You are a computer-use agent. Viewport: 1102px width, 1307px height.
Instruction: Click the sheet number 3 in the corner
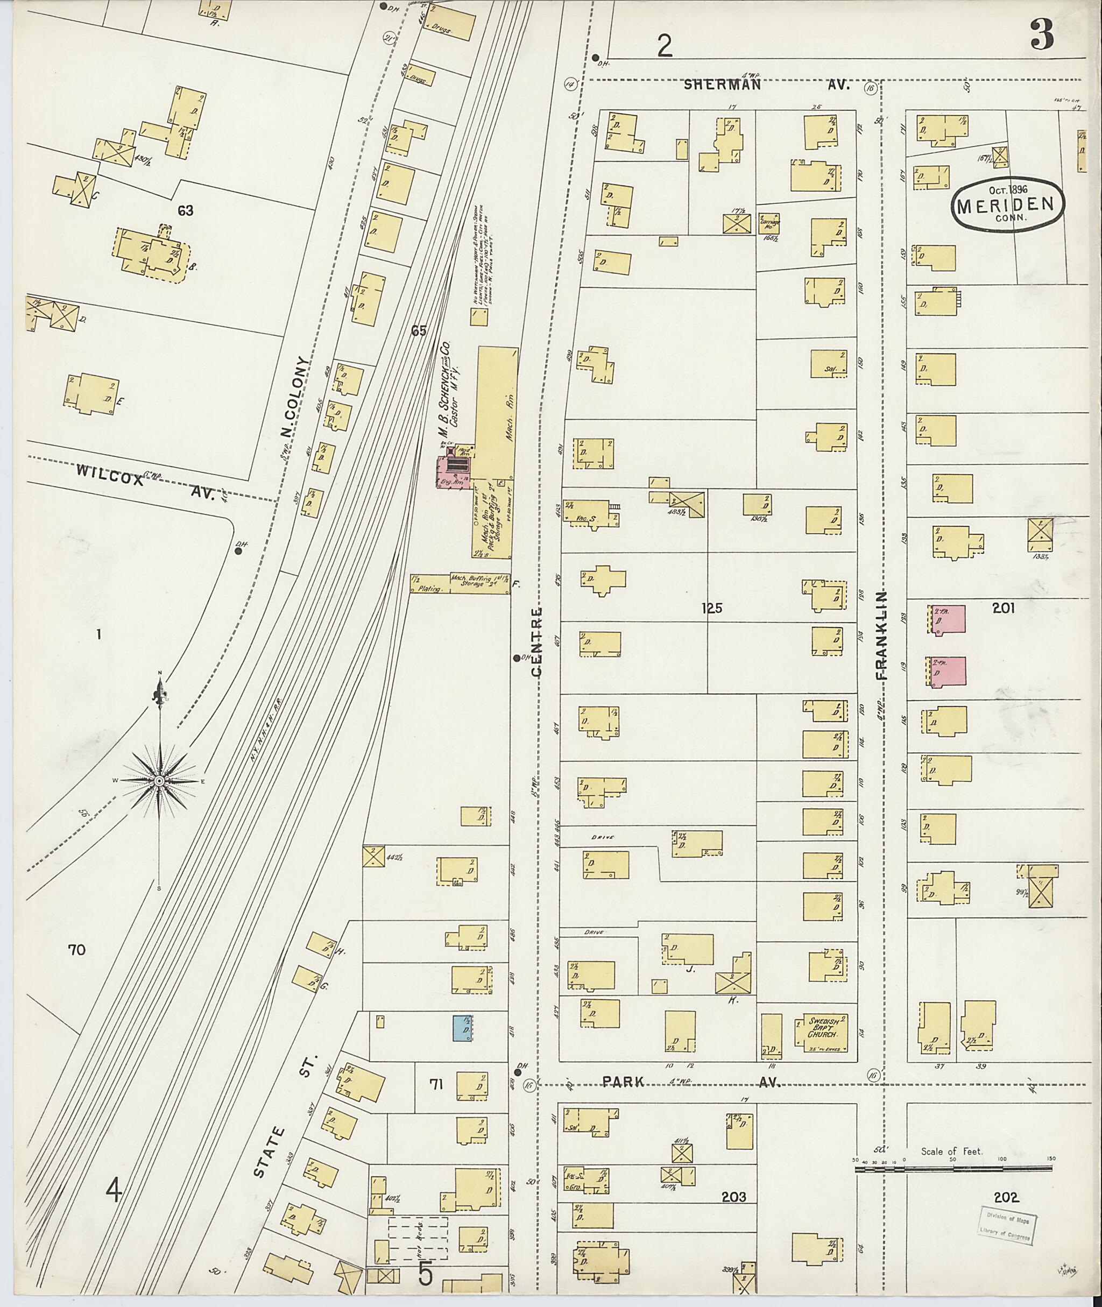tap(1042, 35)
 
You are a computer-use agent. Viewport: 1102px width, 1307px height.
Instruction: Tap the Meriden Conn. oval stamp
tap(1007, 204)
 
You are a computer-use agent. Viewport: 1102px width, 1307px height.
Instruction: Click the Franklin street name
tap(882, 634)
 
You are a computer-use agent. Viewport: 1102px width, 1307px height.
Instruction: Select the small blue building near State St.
tap(462, 1027)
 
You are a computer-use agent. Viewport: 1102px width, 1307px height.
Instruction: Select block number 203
tap(733, 1197)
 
